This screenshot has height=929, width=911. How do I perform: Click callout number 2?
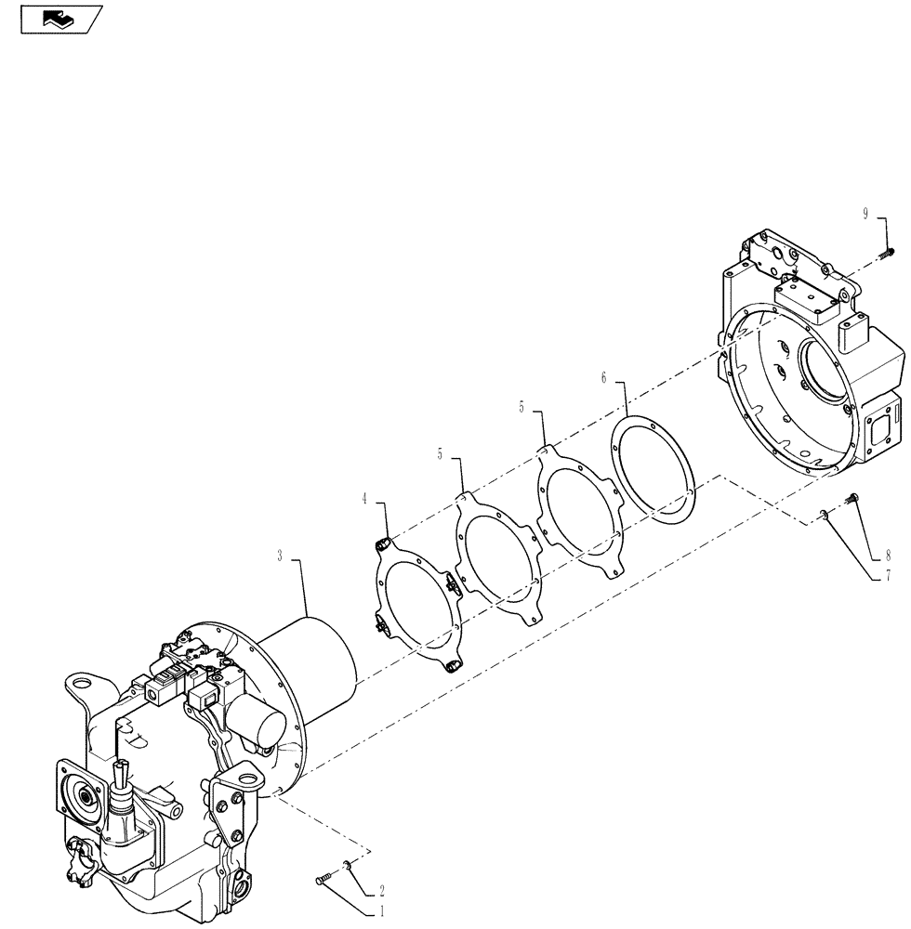(x=383, y=889)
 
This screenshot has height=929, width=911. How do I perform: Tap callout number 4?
(x=365, y=499)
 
